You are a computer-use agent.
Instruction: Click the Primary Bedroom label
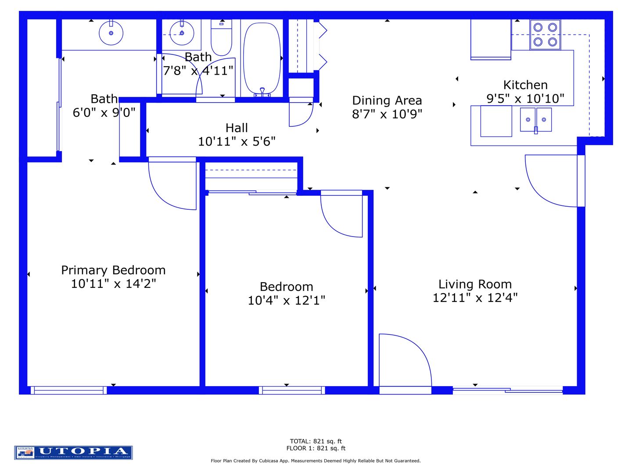tap(113, 270)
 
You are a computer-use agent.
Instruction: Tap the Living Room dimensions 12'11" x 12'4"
tap(475, 298)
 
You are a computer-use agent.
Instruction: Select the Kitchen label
tap(525, 85)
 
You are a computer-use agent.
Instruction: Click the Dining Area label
tap(387, 101)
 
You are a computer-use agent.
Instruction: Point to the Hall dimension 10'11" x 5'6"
tap(237, 141)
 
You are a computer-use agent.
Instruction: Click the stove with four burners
tap(545, 35)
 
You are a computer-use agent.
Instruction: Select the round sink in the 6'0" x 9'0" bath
tap(111, 33)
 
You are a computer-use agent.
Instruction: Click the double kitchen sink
tap(535, 119)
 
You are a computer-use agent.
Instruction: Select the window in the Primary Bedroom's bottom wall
tap(68, 390)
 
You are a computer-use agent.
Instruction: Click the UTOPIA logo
tap(73, 452)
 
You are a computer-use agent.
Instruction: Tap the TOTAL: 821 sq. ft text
tap(316, 441)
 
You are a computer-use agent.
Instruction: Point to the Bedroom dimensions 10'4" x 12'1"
tap(286, 301)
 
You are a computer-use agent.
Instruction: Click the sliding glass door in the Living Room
tap(507, 390)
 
